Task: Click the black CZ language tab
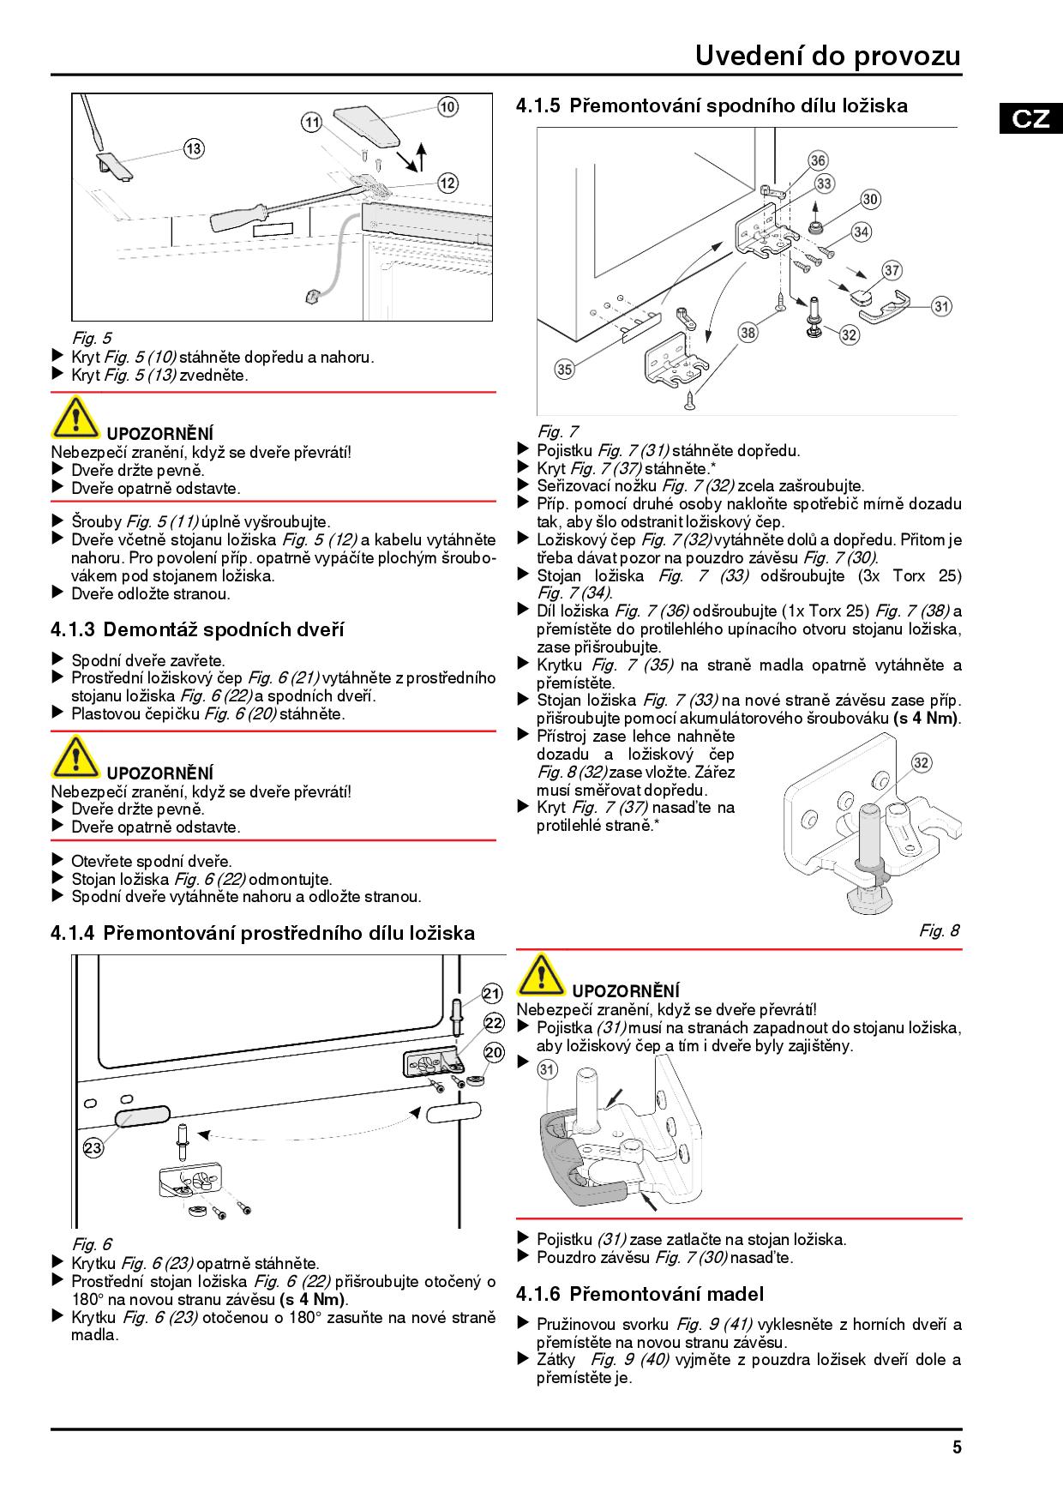click(x=1030, y=118)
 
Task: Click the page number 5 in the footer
click(x=957, y=1447)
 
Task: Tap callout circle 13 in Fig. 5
click(x=194, y=149)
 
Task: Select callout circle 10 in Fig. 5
click(x=447, y=106)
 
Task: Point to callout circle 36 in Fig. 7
click(x=818, y=161)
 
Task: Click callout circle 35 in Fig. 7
click(x=564, y=370)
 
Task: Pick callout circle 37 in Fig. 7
click(x=892, y=271)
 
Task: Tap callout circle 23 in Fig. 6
click(x=93, y=1148)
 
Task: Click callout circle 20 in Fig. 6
click(x=494, y=1052)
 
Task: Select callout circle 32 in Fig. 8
click(x=922, y=762)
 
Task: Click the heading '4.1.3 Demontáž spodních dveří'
click(x=197, y=630)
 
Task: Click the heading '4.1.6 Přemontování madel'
click(x=640, y=1294)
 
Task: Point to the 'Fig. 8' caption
click(x=940, y=930)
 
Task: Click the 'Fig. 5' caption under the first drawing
click(x=91, y=338)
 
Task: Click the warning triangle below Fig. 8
click(x=540, y=975)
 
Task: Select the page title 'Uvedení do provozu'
click(x=827, y=56)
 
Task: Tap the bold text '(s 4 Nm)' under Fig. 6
click(x=314, y=1300)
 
